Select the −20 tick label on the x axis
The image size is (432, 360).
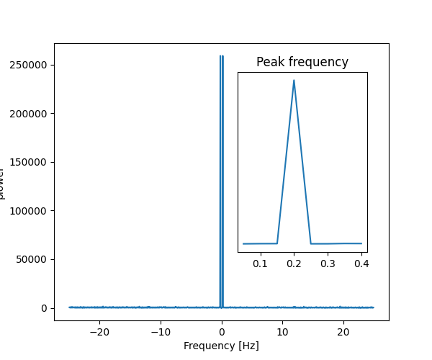pyautogui.click(x=99, y=332)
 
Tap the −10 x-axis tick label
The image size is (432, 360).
pyautogui.click(x=161, y=332)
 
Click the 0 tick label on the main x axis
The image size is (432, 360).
pyautogui.click(x=222, y=332)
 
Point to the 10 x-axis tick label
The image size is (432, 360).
pyautogui.click(x=283, y=332)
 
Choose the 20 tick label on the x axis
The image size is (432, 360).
pyautogui.click(x=344, y=332)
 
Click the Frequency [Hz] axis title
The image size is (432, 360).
pyautogui.click(x=221, y=346)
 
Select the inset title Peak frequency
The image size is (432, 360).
pyautogui.click(x=302, y=62)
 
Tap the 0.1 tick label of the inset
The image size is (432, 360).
pyautogui.click(x=260, y=264)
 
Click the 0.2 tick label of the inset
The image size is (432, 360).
pyautogui.click(x=294, y=264)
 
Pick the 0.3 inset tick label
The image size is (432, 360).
pyautogui.click(x=328, y=264)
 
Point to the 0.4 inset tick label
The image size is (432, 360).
pyautogui.click(x=361, y=264)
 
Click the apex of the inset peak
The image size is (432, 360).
pyautogui.click(x=294, y=80)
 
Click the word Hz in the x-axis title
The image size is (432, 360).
pyautogui.click(x=248, y=346)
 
